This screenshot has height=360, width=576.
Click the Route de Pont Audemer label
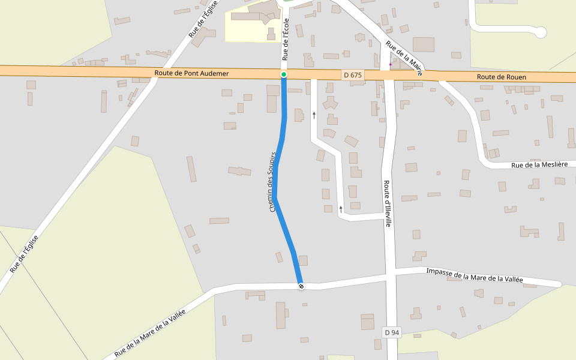[191, 73]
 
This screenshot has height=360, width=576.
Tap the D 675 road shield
[353, 75]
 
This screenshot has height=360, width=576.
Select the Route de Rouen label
[502, 77]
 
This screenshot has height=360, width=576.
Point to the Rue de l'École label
[286, 39]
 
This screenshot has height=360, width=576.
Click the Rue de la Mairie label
[404, 58]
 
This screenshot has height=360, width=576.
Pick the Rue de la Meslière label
[539, 165]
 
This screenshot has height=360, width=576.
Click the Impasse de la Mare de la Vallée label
[474, 276]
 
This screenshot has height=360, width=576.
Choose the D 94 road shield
[391, 332]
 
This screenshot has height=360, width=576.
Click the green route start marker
[284, 74]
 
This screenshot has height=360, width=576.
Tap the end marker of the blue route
[301, 286]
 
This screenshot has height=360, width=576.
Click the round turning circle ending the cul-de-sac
[541, 32]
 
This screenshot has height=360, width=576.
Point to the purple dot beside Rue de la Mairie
[390, 64]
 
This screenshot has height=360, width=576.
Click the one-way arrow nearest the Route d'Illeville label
[341, 209]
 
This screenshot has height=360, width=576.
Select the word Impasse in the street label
[439, 272]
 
